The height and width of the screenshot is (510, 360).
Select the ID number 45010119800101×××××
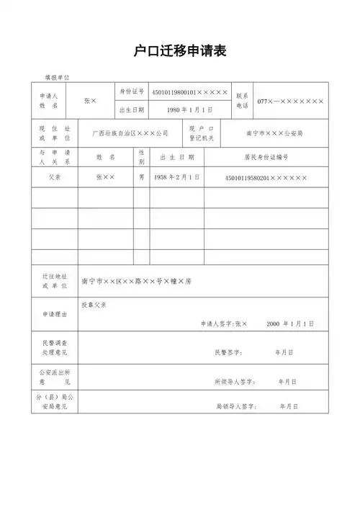pos(190,93)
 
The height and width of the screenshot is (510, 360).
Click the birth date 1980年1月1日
pos(189,109)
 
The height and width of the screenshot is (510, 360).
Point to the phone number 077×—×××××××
pos(291,102)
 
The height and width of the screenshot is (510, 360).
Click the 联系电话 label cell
pos(243,101)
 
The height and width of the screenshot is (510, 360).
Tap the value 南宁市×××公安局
pos(274,133)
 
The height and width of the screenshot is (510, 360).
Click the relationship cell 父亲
pos(54,176)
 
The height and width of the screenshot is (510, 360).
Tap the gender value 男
pos(142,176)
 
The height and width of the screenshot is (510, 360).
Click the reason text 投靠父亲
pos(94,305)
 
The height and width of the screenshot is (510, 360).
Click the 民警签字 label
pos(228,353)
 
